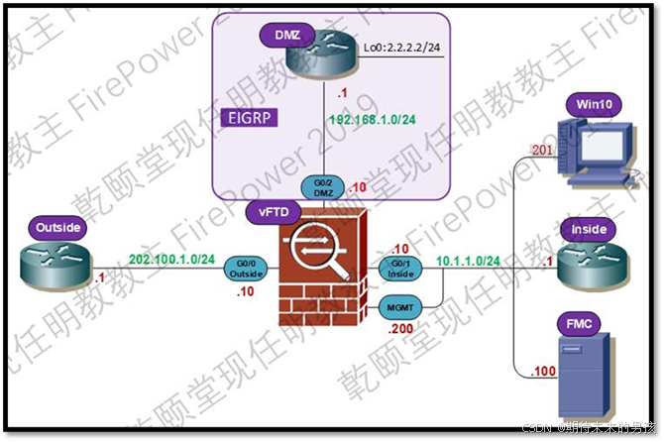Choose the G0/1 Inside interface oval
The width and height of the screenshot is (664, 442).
coord(401,268)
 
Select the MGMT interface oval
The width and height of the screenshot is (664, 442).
coord(400,308)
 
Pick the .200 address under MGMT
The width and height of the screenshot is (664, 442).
coord(401,328)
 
